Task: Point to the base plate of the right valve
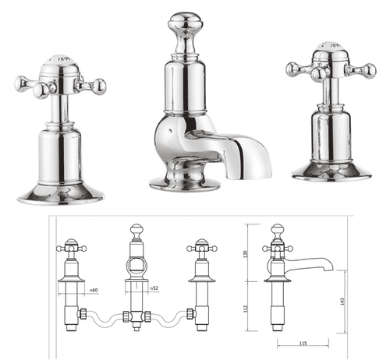click(x=331, y=172)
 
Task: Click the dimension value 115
click(x=300, y=344)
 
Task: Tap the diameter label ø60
click(x=93, y=290)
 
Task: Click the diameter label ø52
click(x=155, y=290)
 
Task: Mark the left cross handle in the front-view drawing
click(x=71, y=248)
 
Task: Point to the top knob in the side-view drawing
click(x=277, y=231)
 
